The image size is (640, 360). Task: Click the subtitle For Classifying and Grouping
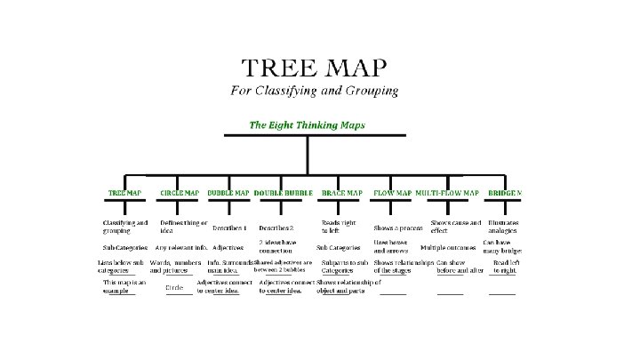pyautogui.click(x=314, y=91)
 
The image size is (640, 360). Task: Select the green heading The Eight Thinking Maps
pyautogui.click(x=306, y=125)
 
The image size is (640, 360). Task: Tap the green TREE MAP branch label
pyautogui.click(x=124, y=193)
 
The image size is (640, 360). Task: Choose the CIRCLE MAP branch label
pyautogui.click(x=180, y=193)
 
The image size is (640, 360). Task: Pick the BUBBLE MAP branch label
pyautogui.click(x=228, y=193)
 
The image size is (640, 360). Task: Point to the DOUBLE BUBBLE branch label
pyautogui.click(x=284, y=193)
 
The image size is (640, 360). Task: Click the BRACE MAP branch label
pyautogui.click(x=341, y=193)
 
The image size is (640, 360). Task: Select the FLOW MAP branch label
pyautogui.click(x=392, y=193)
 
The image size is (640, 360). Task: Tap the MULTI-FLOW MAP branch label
pyautogui.click(x=447, y=193)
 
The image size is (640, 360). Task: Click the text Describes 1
pyautogui.click(x=230, y=228)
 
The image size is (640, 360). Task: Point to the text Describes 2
pyautogui.click(x=276, y=228)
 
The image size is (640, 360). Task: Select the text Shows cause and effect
pyautogui.click(x=456, y=226)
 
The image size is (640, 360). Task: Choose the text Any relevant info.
pyautogui.click(x=180, y=248)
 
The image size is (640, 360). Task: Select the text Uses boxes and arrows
pyautogui.click(x=391, y=245)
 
